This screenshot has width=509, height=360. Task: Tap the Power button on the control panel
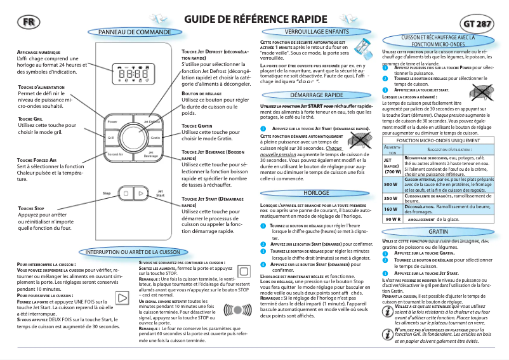(112, 121)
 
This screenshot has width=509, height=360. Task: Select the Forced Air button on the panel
(114, 154)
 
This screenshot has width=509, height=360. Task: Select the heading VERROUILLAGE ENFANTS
(308, 31)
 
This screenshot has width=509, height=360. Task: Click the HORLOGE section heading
(307, 192)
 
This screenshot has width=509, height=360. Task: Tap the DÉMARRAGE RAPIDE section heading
(307, 95)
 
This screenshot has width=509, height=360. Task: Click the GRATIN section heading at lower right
(437, 232)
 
